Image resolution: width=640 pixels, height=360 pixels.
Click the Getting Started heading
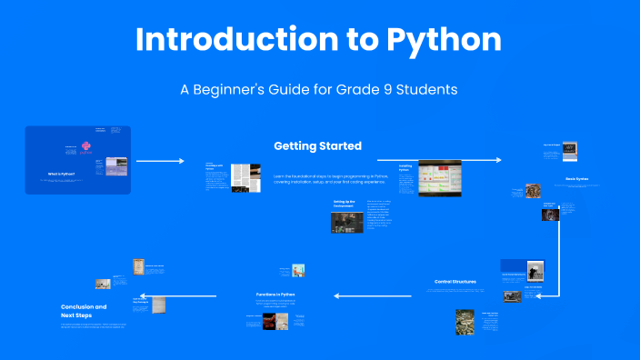tap(317, 145)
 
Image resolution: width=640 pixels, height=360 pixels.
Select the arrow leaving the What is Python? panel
tap(160, 161)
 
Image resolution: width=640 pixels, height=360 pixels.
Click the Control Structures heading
tap(455, 282)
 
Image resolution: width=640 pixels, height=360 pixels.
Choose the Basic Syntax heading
tap(575, 179)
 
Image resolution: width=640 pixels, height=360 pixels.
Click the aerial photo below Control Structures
tap(465, 322)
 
